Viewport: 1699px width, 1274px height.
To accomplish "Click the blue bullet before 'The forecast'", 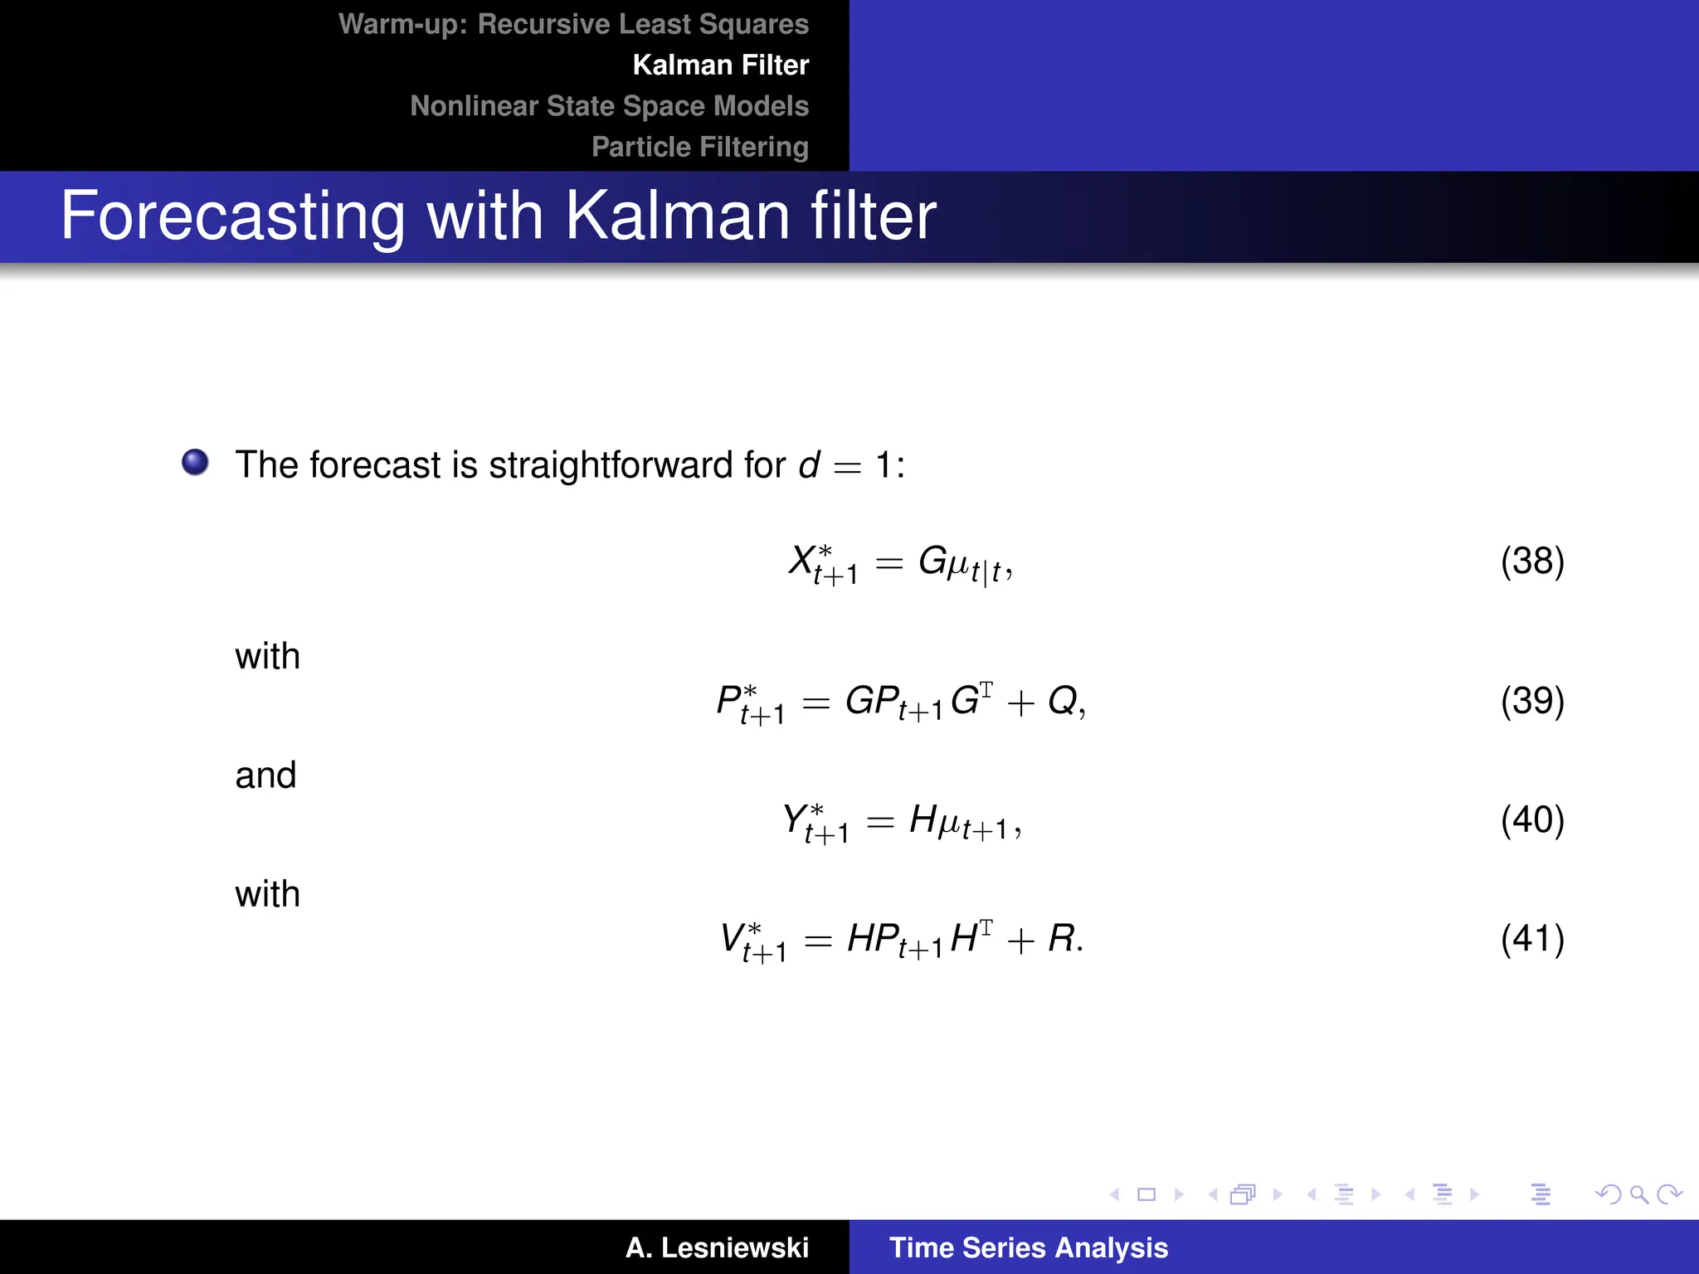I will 196,462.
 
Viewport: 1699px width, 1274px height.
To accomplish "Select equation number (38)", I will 1531,562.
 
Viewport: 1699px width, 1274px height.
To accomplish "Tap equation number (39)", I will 1531,702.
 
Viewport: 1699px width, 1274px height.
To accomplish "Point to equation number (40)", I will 1531,820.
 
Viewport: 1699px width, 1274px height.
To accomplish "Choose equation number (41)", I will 1531,939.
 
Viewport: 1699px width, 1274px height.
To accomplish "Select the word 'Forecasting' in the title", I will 232,216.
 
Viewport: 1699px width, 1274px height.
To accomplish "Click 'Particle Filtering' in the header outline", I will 699,147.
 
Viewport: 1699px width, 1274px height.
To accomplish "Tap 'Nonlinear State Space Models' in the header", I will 609,106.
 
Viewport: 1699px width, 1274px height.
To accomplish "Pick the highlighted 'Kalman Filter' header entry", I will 720,66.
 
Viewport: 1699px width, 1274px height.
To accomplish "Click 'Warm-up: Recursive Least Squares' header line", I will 573,25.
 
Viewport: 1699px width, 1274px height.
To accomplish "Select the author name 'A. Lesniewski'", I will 717,1247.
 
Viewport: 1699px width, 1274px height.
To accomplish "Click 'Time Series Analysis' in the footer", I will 1028,1247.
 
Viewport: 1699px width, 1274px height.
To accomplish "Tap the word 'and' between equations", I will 265,776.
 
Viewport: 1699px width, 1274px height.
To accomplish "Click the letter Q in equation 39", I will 1063,702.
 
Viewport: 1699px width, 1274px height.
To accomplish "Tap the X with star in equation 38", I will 803,561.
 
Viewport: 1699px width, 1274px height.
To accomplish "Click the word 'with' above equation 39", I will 267,657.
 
